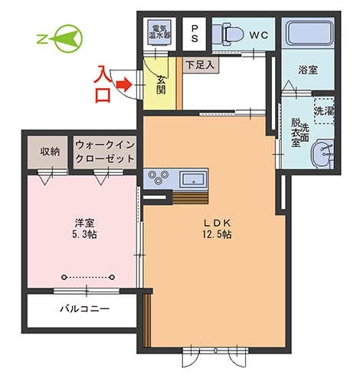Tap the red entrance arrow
123,84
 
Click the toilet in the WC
228,34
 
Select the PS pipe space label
195,34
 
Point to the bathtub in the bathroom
309,33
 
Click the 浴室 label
308,70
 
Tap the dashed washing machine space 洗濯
324,111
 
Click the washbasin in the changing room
322,154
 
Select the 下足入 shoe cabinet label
200,65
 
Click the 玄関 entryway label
161,85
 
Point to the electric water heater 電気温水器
160,32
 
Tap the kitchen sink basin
193,179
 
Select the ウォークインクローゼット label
105,152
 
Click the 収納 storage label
50,152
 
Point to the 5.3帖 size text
84,234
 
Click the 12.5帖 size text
217,234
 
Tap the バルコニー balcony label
85,309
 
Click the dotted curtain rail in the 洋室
88,277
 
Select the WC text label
259,35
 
